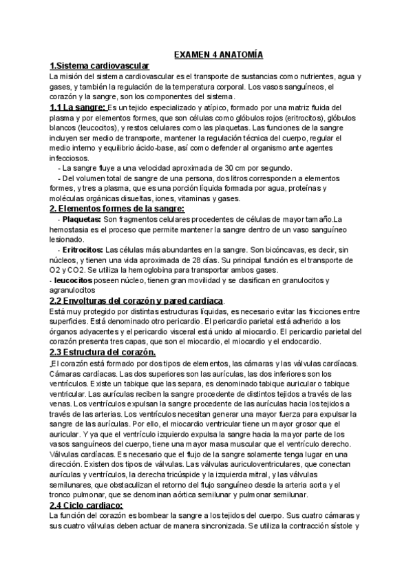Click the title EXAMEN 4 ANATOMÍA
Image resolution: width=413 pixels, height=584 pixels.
click(x=220, y=54)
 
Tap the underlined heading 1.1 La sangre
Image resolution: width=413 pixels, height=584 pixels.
click(x=78, y=107)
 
